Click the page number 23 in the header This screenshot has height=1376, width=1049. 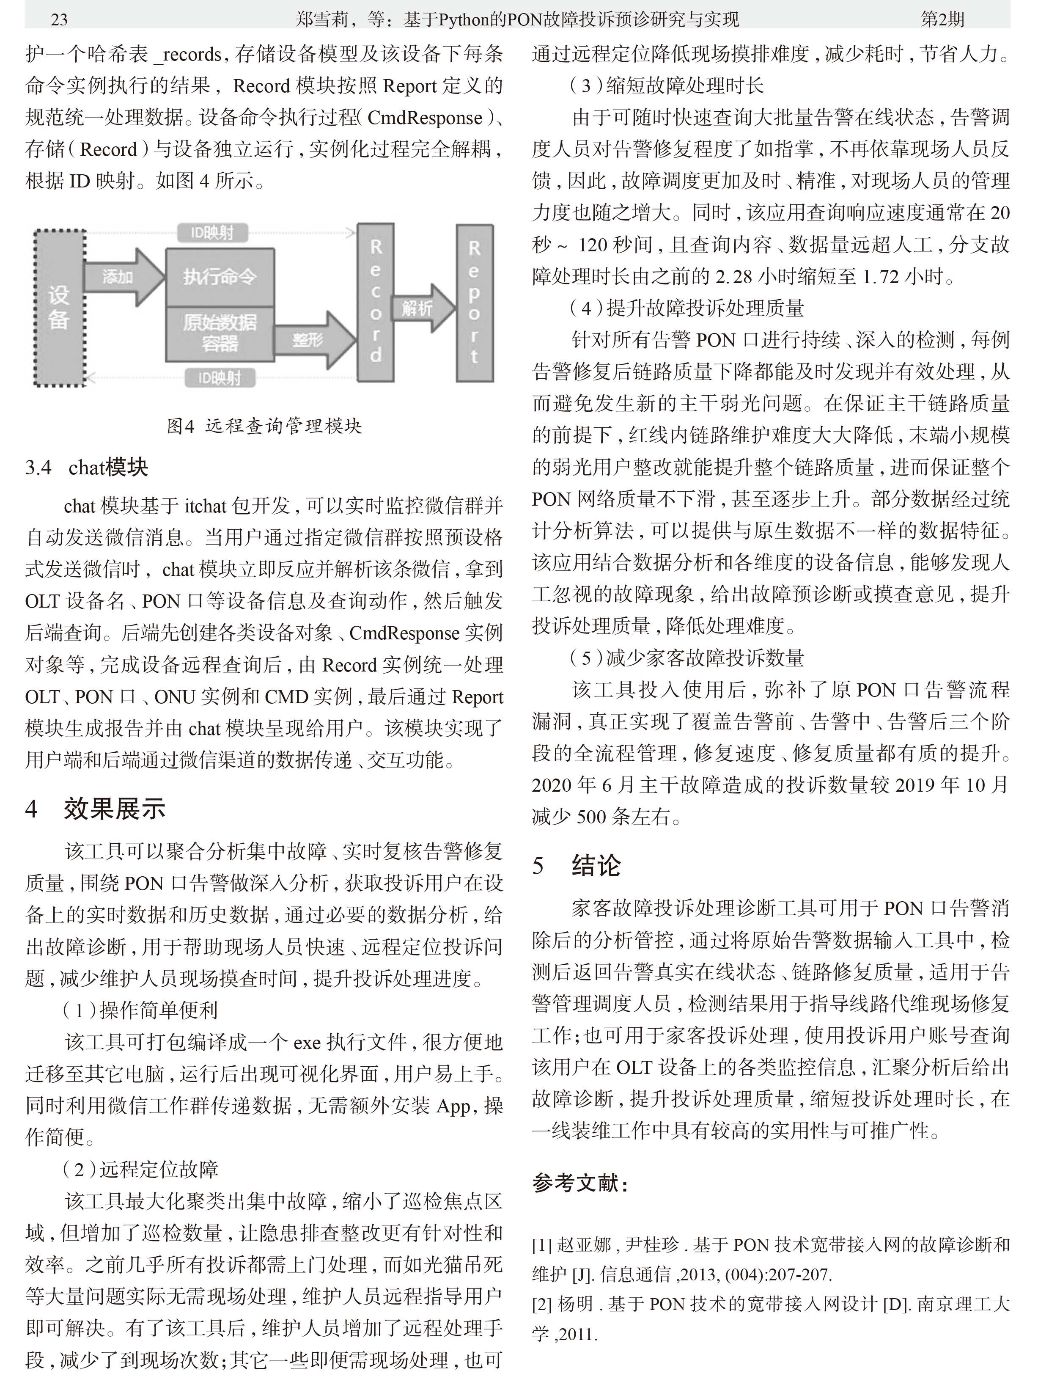(x=59, y=19)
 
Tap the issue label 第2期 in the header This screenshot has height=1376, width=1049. (x=942, y=19)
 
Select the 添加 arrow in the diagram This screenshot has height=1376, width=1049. (x=122, y=277)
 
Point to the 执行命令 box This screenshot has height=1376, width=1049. (x=220, y=277)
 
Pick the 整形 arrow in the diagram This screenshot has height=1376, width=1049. (x=312, y=340)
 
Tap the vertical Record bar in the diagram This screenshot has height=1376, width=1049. (x=375, y=302)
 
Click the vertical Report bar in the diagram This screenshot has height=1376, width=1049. (x=475, y=302)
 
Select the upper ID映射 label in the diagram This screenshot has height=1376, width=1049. (x=212, y=233)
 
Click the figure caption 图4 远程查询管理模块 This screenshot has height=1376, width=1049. (x=264, y=426)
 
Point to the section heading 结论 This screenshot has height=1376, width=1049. (x=596, y=866)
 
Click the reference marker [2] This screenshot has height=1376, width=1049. (x=541, y=1304)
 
